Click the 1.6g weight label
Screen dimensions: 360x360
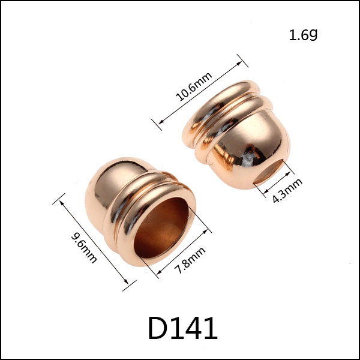point(303,35)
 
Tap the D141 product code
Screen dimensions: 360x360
point(183,328)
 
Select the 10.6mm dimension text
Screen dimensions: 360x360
point(194,87)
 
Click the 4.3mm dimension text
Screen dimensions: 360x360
point(287,191)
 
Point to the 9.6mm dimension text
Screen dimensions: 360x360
point(84,248)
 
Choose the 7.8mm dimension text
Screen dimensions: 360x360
point(190,260)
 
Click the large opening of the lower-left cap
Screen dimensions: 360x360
point(161,228)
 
